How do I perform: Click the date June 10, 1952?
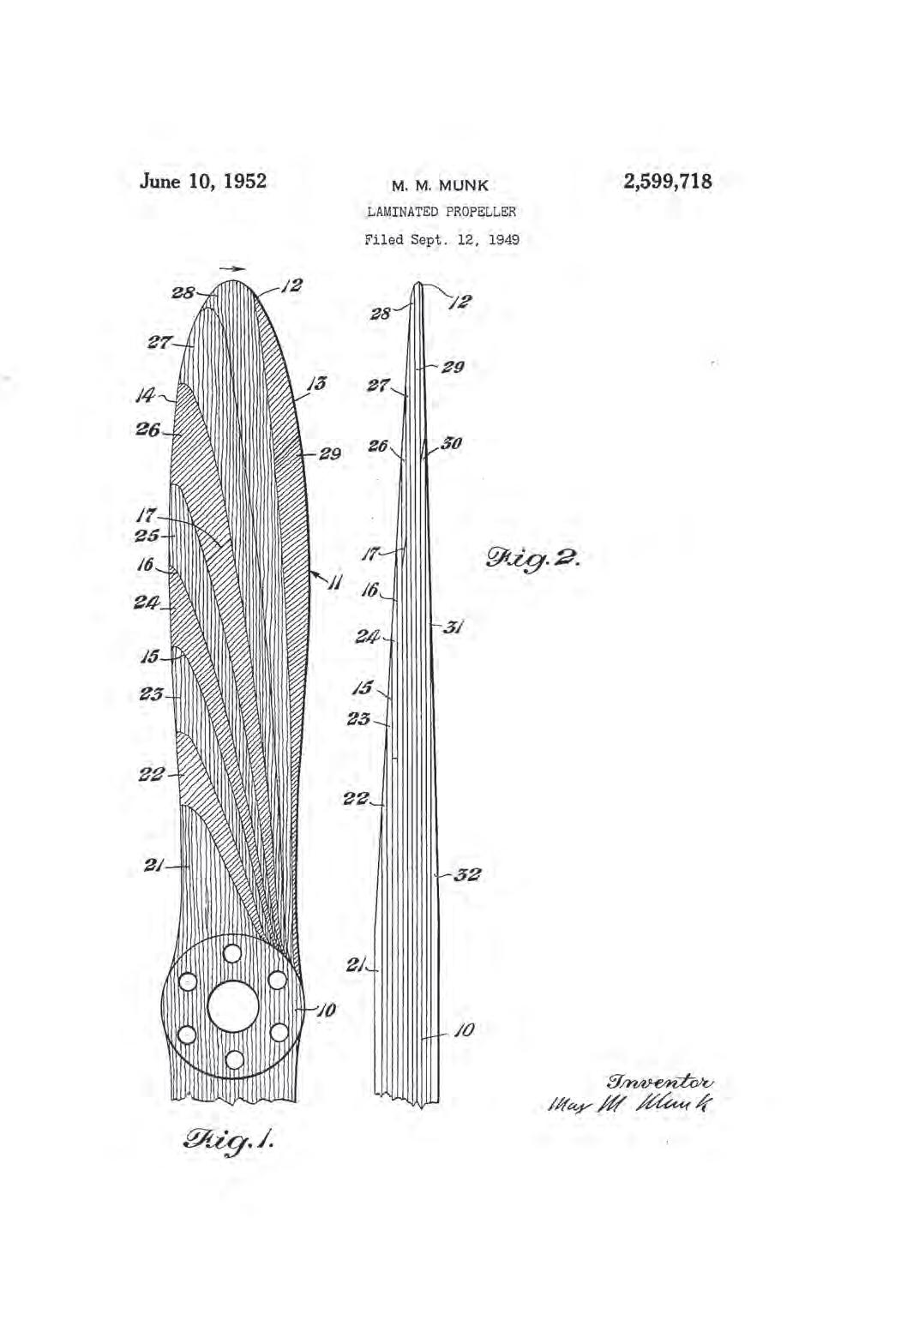[202, 182]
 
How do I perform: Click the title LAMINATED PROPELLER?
[441, 212]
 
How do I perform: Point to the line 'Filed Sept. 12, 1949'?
[441, 240]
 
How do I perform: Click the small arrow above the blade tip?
[231, 269]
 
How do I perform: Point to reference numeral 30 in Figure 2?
[450, 444]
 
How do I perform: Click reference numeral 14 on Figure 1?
[145, 396]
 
